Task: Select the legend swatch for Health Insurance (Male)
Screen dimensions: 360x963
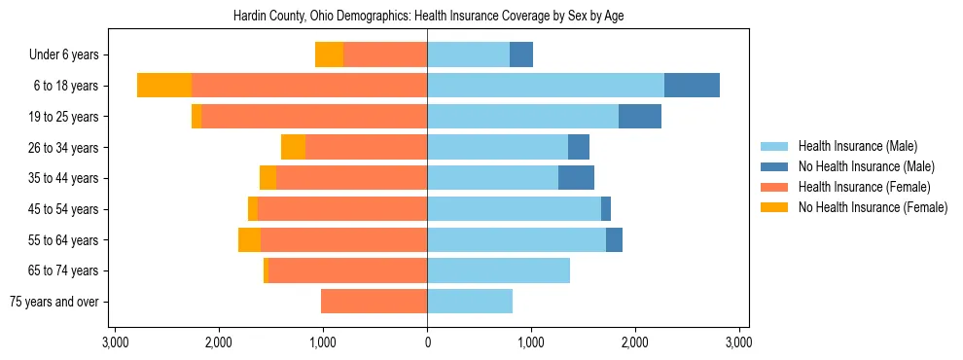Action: (x=774, y=146)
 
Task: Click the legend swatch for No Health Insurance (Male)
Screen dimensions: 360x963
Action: (x=774, y=166)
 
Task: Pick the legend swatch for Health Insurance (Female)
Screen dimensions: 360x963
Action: (x=774, y=187)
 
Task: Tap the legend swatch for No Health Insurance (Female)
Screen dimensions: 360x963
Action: (x=774, y=207)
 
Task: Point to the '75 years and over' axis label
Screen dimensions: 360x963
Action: (x=54, y=302)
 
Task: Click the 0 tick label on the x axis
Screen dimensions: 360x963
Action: (x=427, y=342)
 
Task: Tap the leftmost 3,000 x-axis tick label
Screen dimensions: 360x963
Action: (x=115, y=342)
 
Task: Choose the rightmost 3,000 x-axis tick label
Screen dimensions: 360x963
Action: (x=738, y=342)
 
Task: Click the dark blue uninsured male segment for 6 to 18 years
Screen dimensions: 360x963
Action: (x=692, y=86)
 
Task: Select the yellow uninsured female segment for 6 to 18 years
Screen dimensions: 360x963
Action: (x=164, y=86)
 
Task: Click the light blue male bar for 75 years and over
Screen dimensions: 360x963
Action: (x=470, y=302)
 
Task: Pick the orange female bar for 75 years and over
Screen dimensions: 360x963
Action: (x=374, y=302)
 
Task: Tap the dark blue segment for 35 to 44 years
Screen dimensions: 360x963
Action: (x=576, y=178)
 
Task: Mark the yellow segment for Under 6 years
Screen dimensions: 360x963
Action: (x=329, y=55)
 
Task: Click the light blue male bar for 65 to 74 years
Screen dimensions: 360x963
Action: (x=498, y=270)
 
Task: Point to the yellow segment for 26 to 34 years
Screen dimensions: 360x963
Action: (x=293, y=148)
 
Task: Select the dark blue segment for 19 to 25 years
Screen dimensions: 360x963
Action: (x=640, y=117)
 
